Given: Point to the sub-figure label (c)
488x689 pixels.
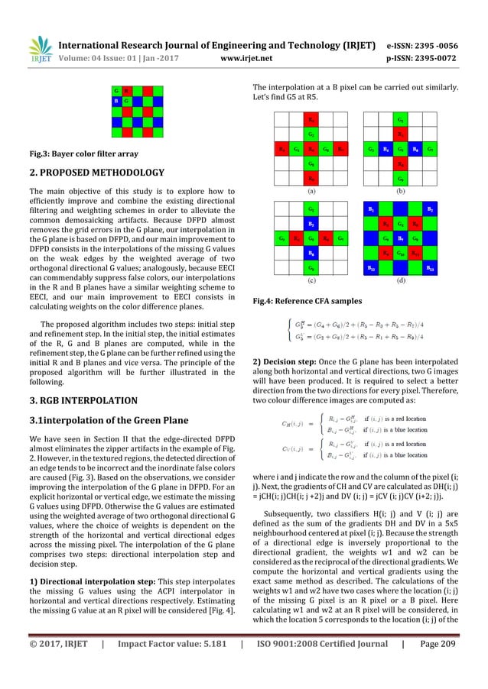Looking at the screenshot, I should (x=312, y=280).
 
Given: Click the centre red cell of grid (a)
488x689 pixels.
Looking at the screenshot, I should (x=311, y=148).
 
